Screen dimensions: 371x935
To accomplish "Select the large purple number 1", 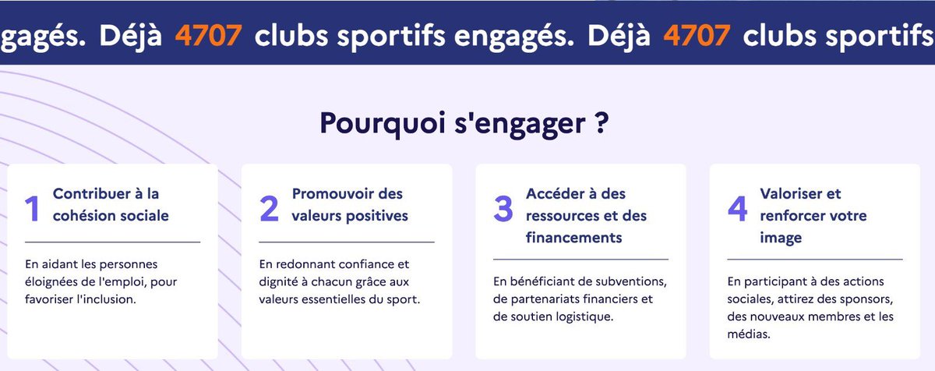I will (x=32, y=208).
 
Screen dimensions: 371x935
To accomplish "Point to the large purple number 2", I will (x=269, y=208).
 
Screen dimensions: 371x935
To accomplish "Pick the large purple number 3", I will (x=503, y=208).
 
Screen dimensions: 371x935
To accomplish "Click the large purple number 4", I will (x=737, y=208).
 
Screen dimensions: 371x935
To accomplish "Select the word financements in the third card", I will (x=574, y=237).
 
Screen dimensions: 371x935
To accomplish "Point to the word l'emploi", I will (x=118, y=282).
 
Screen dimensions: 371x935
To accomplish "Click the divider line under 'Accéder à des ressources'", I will (x=580, y=259).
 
